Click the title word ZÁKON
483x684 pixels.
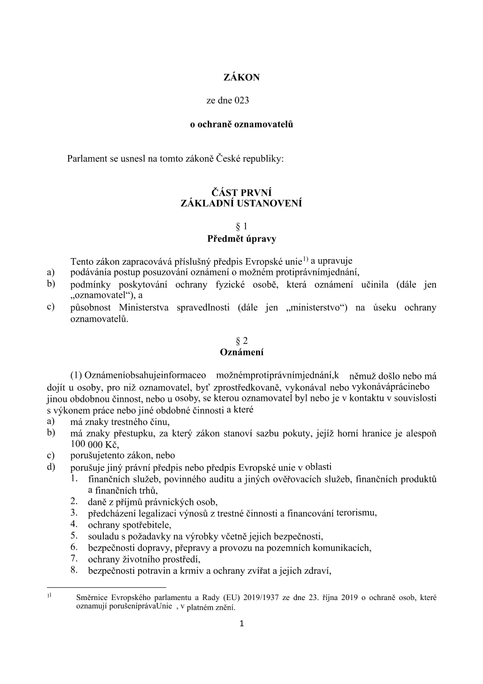pyautogui.click(x=241, y=78)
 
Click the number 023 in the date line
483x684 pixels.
pyautogui.click(x=242, y=101)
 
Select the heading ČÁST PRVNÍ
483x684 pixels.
pyautogui.click(x=241, y=193)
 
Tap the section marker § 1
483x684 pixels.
pyautogui.click(x=241, y=227)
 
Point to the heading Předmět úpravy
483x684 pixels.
pyautogui.click(x=241, y=238)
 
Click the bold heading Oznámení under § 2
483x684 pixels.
pyautogui.click(x=241, y=353)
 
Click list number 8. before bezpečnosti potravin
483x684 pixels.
pyautogui.click(x=74, y=570)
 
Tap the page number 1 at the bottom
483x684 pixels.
pyautogui.click(x=241, y=623)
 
